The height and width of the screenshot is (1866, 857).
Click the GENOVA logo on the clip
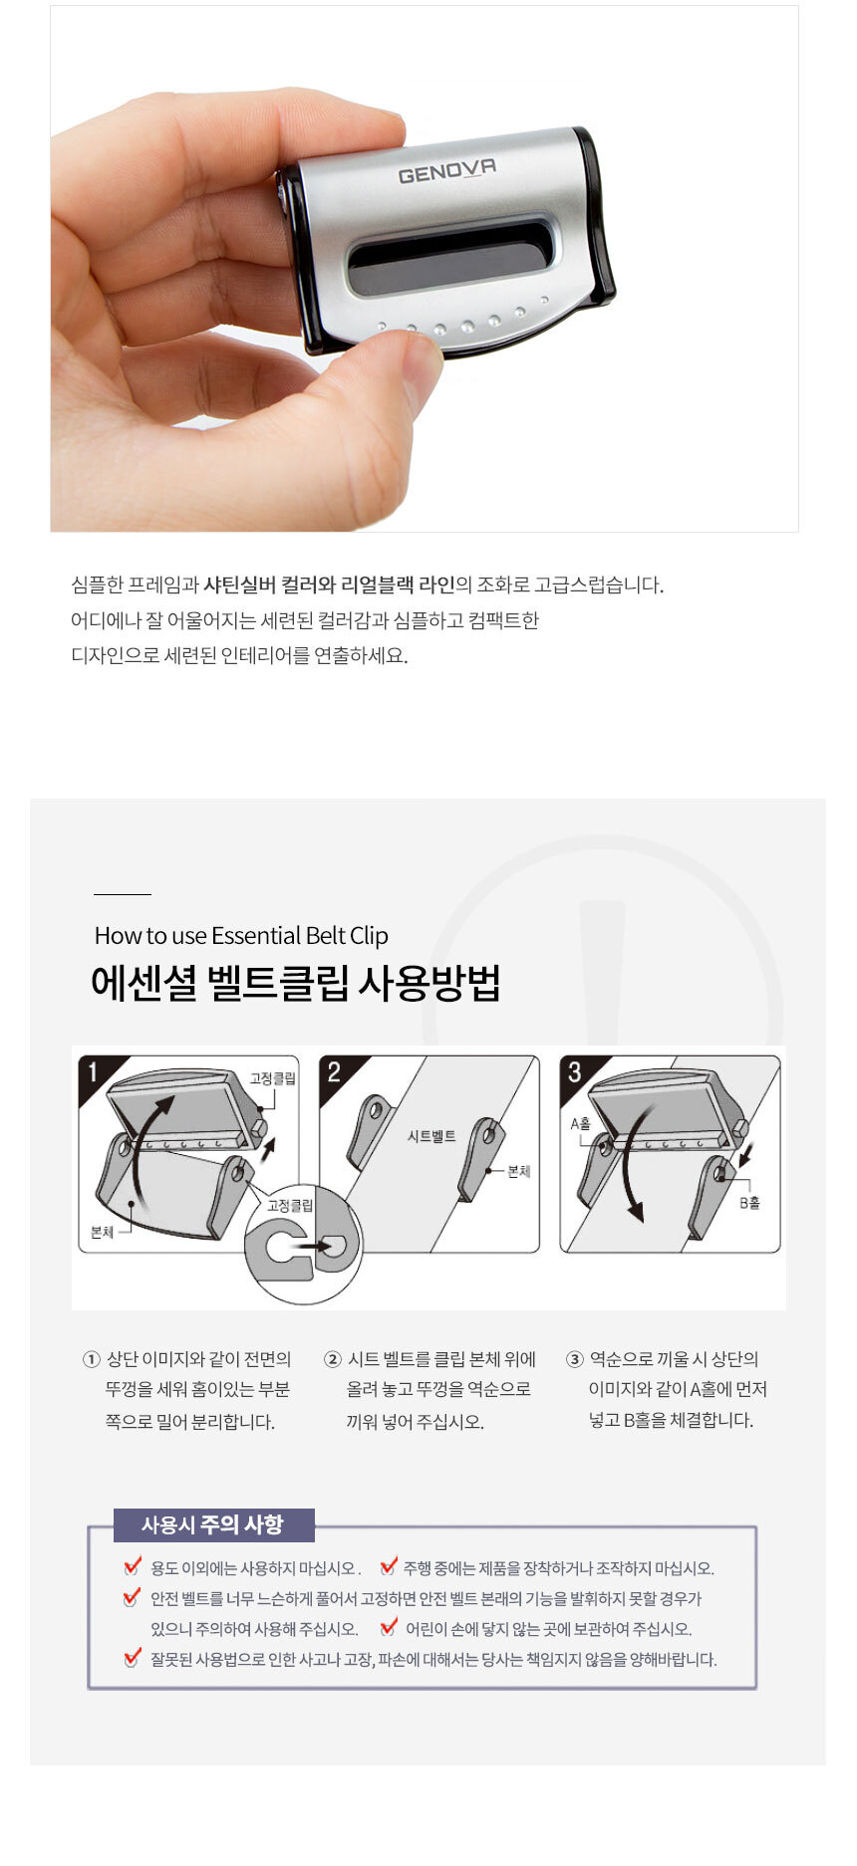pos(446,172)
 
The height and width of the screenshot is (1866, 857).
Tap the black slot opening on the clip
pos(450,256)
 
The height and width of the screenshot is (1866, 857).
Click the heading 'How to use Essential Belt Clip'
pos(241,935)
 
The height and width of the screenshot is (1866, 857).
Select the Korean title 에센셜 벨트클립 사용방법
pos(295,983)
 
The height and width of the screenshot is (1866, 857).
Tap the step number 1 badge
pos(94,1072)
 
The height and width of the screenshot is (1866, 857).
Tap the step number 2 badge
pos(334,1072)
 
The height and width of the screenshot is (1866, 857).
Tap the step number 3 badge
pos(574,1072)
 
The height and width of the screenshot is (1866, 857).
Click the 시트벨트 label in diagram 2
pos(431,1136)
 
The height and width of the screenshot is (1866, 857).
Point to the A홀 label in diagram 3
pos(580,1123)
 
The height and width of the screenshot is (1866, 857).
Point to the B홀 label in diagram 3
pos(749,1203)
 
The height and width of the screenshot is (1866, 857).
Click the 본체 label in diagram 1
pos(102,1232)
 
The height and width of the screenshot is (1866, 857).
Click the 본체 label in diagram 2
pos(519,1171)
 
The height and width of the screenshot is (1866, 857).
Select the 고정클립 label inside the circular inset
pos(289,1205)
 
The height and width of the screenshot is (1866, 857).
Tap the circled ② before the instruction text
pos(333,1359)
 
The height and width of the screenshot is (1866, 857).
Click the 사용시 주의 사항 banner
pos(213,1524)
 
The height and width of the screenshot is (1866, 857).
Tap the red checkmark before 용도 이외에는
pos(133,1566)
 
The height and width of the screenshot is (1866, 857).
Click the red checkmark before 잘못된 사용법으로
pos(133,1658)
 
